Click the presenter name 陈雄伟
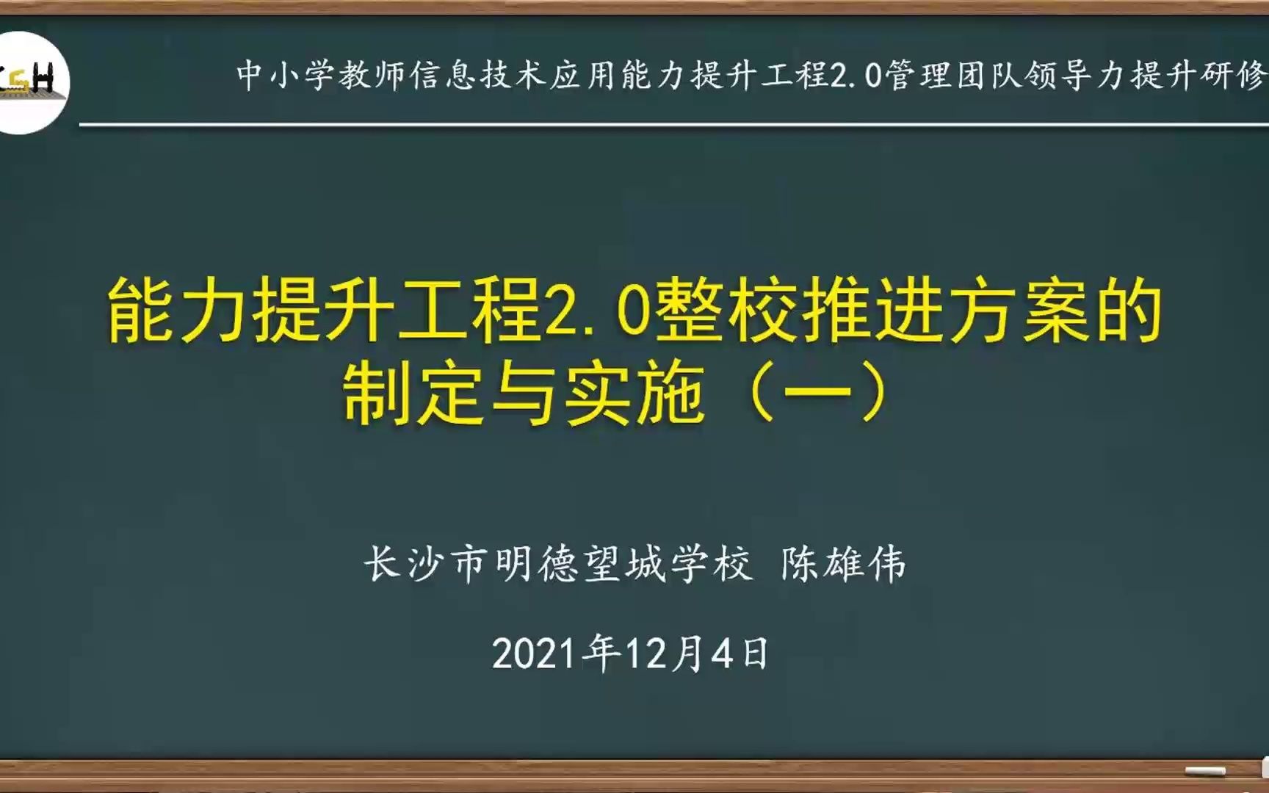[843, 565]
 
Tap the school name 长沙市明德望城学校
[558, 565]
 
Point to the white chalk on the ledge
[1205, 771]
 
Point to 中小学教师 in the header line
[322, 75]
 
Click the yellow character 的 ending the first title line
[1128, 313]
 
